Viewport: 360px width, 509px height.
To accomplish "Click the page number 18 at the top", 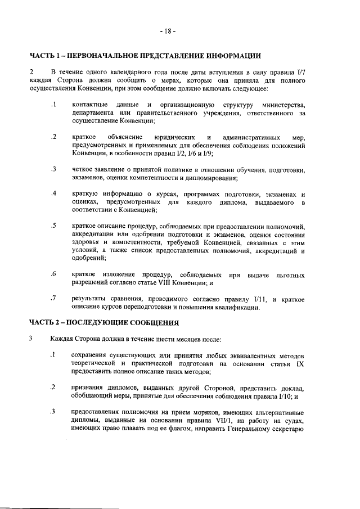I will coord(167,31).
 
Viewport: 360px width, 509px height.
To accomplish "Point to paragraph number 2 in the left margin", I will coord(32,73).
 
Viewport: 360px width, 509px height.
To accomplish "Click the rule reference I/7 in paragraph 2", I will coord(300,73).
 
